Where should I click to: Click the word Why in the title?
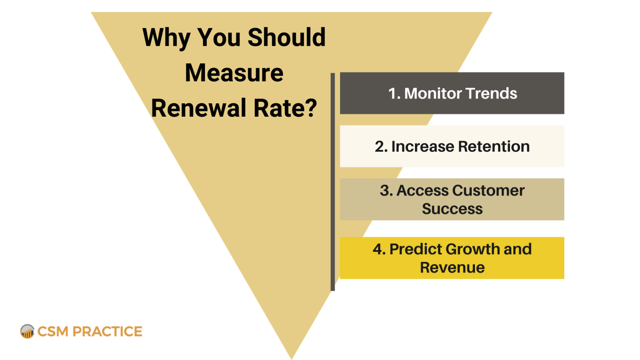(166, 37)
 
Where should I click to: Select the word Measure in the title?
(234, 73)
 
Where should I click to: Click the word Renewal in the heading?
(199, 108)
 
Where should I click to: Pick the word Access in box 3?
(422, 190)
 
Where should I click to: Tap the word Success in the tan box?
(452, 209)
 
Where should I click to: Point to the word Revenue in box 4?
(452, 267)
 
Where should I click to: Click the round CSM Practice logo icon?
(27, 331)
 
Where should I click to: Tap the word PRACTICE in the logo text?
(107, 332)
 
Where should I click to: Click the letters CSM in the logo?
(53, 332)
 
